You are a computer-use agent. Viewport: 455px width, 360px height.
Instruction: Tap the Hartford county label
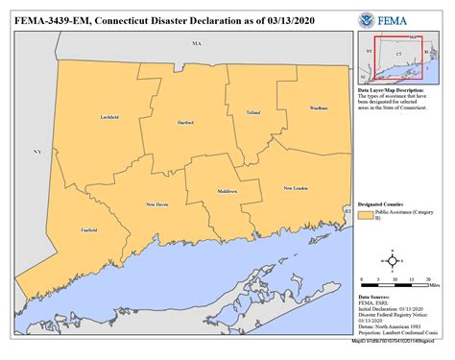(185, 123)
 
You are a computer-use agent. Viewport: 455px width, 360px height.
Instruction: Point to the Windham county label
(319, 108)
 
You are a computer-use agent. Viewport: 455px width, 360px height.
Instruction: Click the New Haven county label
(156, 204)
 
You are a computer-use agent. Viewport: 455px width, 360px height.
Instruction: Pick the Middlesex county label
(227, 192)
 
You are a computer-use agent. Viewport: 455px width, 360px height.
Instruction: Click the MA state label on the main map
(197, 44)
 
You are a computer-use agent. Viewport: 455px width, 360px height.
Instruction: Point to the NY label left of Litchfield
(37, 152)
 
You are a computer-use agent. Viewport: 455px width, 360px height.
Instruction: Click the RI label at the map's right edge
(347, 209)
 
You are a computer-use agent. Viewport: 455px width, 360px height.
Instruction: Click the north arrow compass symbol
(392, 259)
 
